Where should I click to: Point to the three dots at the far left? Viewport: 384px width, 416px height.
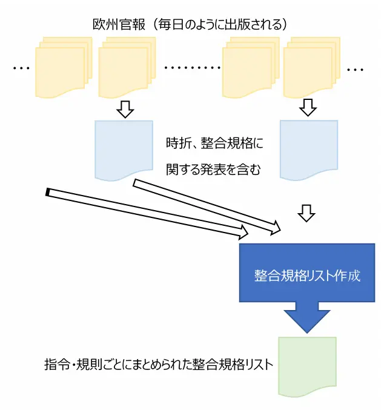(x=21, y=68)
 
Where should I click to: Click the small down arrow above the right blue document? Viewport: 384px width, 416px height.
(x=308, y=108)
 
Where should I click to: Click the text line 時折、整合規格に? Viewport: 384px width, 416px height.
(x=215, y=144)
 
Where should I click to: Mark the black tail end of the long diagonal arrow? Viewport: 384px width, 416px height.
(x=48, y=193)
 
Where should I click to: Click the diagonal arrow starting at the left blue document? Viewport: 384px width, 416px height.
(x=206, y=206)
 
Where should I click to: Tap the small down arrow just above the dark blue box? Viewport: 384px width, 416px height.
(x=308, y=213)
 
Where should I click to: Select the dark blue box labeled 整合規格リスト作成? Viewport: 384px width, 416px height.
(x=308, y=273)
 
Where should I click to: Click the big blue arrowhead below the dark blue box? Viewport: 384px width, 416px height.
(x=308, y=317)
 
